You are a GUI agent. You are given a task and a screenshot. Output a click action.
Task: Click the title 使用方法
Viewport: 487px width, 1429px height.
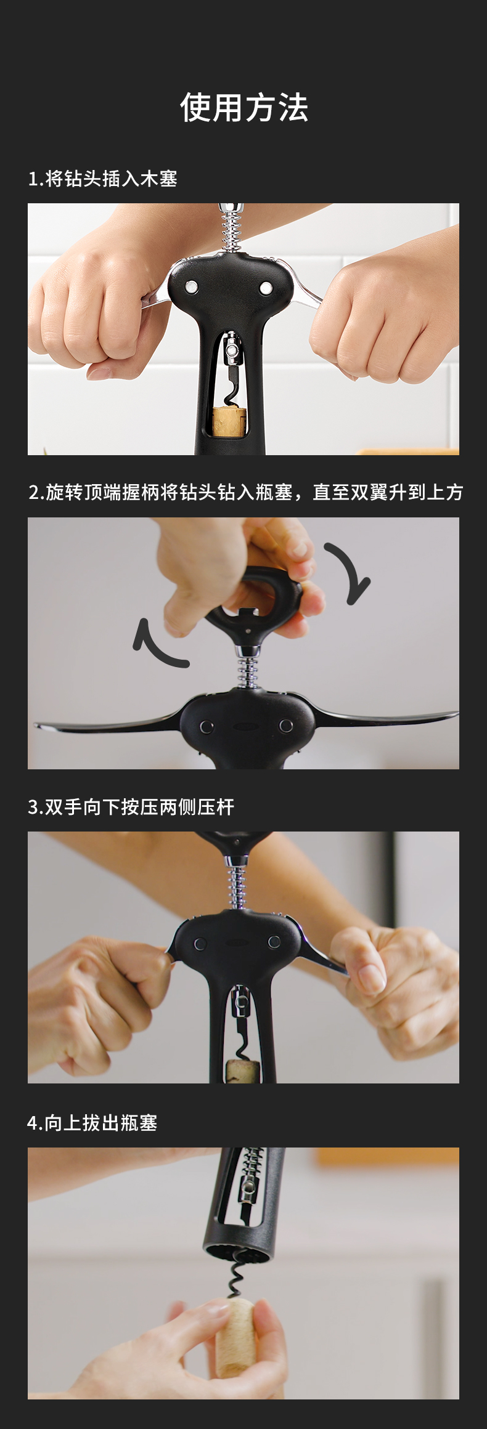(x=243, y=108)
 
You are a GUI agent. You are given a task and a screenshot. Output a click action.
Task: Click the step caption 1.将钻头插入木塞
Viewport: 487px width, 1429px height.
(x=103, y=179)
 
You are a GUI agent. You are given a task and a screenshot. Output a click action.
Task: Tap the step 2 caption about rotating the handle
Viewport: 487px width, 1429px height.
(x=245, y=492)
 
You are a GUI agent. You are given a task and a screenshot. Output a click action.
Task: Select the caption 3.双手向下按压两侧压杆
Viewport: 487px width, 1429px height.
(x=131, y=807)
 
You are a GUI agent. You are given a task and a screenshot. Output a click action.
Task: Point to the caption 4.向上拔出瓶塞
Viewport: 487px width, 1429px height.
(x=92, y=1123)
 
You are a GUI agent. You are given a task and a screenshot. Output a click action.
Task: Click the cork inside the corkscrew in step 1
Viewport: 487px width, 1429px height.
(x=229, y=422)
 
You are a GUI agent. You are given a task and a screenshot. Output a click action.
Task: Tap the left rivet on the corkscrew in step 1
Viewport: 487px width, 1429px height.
(x=192, y=286)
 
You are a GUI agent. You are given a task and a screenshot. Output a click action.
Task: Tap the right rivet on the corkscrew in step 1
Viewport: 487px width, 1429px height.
(x=266, y=287)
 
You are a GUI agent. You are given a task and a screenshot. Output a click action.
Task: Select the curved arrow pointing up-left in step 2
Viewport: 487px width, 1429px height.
(x=155, y=646)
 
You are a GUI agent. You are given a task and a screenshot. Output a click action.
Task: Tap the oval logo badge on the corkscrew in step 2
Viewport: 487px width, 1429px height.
(x=245, y=726)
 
